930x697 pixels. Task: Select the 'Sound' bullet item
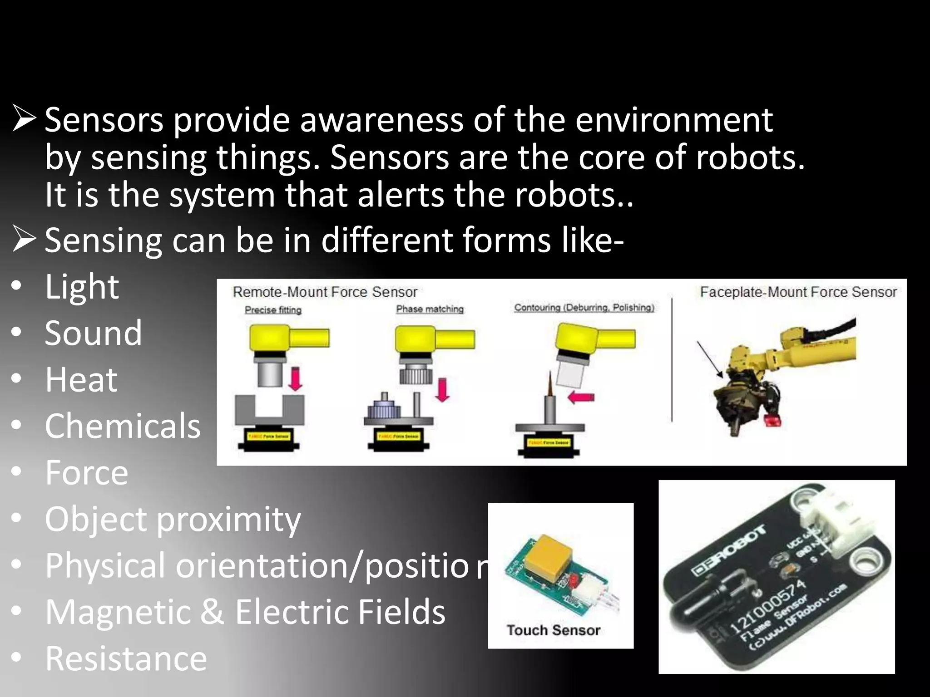pyautogui.click(x=94, y=333)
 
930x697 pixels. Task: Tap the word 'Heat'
pyautogui.click(x=81, y=380)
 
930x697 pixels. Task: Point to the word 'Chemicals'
pyautogui.click(x=123, y=426)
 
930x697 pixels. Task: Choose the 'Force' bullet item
pyautogui.click(x=86, y=473)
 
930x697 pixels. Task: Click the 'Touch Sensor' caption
pyautogui.click(x=554, y=630)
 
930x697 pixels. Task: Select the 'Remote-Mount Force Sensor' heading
pyautogui.click(x=325, y=292)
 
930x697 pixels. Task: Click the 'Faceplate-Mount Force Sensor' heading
pyautogui.click(x=798, y=292)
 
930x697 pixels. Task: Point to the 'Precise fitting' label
pyautogui.click(x=273, y=310)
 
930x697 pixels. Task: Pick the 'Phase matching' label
pyautogui.click(x=430, y=309)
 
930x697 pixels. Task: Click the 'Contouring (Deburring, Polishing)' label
pyautogui.click(x=584, y=308)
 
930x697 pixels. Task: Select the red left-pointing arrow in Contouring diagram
pyautogui.click(x=581, y=397)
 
